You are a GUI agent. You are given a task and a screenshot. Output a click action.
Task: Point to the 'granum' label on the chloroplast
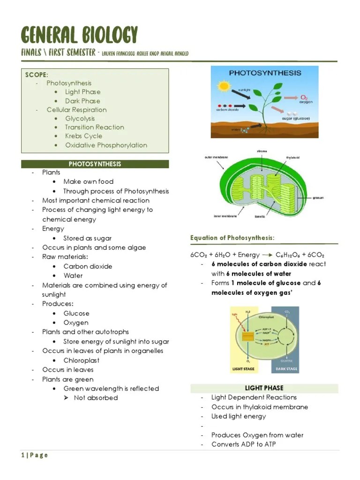[x=319, y=198]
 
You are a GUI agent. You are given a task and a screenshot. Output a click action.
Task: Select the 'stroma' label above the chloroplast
[x=262, y=151]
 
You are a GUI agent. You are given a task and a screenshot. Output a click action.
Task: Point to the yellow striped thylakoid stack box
[x=247, y=337]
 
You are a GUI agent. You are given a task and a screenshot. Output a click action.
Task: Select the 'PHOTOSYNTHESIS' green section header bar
[x=95, y=164]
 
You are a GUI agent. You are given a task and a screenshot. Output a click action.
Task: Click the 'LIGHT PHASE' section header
[x=264, y=388]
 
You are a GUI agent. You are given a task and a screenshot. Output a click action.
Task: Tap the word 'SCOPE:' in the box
[x=37, y=75]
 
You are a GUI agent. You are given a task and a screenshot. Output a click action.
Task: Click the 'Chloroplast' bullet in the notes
[x=82, y=360]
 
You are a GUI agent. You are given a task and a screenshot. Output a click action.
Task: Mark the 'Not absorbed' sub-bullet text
[x=96, y=398]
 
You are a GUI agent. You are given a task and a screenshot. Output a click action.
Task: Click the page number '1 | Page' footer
[x=35, y=455]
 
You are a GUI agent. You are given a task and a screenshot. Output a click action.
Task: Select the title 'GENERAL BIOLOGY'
[x=80, y=35]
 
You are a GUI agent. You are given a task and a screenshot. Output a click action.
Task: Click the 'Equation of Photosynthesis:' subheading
[x=232, y=238]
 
